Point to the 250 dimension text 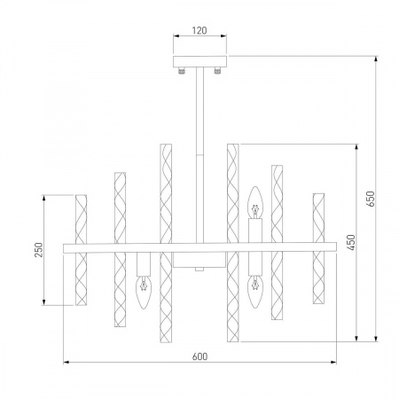pos(38,249)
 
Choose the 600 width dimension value pos(199,356)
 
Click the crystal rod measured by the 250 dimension pos(80,249)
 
